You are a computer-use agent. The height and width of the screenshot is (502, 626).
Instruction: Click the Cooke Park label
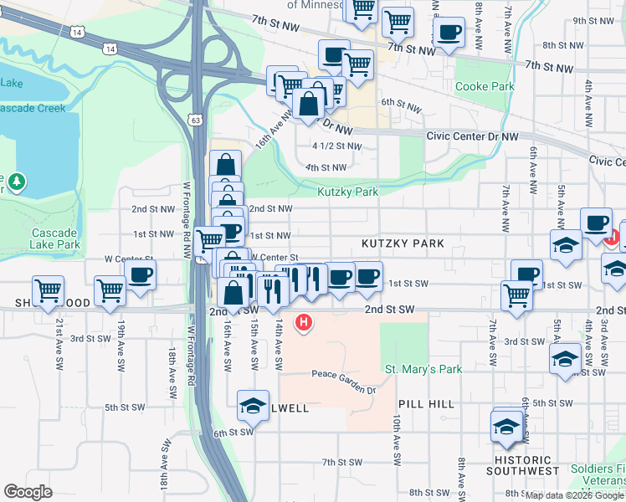(x=484, y=86)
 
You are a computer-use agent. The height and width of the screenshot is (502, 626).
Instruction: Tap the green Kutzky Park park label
(x=347, y=192)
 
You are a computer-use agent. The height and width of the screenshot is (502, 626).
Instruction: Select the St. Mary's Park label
(x=423, y=369)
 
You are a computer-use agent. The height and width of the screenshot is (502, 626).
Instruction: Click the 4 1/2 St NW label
(x=336, y=146)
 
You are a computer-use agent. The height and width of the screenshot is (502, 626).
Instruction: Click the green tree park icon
(x=17, y=181)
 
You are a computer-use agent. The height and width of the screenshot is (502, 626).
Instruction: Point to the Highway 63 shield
(x=195, y=120)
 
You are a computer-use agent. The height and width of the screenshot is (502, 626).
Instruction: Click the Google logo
(x=28, y=491)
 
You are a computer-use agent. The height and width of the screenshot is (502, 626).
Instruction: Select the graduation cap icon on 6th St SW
(x=253, y=405)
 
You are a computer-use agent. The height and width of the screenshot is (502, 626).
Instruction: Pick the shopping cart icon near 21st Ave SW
(x=49, y=290)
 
